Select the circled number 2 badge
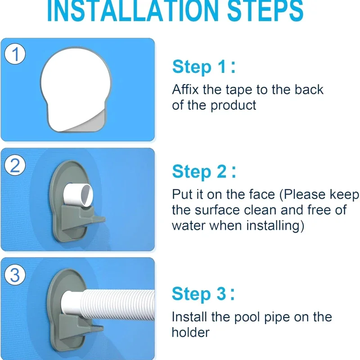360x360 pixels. click(15, 166)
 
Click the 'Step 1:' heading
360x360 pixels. click(203, 67)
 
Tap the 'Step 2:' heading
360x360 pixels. click(203, 172)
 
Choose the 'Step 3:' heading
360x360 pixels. click(203, 294)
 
